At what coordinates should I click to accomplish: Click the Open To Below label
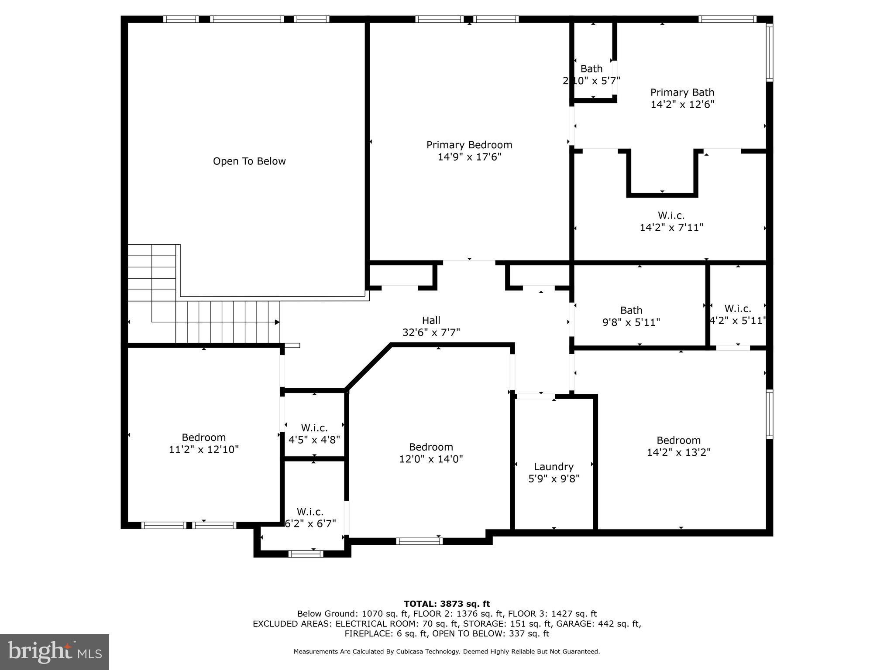[249, 161]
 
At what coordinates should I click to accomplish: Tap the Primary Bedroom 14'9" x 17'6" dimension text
[469, 157]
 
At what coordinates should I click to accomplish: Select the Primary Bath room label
[682, 92]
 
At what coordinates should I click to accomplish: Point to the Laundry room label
[554, 467]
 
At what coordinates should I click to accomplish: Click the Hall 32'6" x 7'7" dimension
[431, 332]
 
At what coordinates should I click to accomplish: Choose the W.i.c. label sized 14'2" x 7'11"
[671, 215]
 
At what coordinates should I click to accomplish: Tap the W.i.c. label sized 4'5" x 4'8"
[314, 428]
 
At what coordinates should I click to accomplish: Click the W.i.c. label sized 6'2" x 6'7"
[310, 512]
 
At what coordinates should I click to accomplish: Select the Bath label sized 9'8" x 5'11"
[631, 311]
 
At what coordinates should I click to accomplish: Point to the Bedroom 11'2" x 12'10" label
[204, 438]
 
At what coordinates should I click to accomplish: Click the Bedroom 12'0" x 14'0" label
[431, 447]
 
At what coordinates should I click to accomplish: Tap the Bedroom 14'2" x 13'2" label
[678, 441]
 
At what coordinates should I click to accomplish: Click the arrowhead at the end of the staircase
[277, 322]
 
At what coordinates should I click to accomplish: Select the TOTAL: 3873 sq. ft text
[447, 604]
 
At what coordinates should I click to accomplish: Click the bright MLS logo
[55, 652]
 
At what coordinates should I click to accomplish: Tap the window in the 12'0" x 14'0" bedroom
[419, 541]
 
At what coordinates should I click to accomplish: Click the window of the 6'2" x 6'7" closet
[306, 554]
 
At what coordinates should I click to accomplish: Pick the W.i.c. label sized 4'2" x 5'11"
[738, 309]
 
